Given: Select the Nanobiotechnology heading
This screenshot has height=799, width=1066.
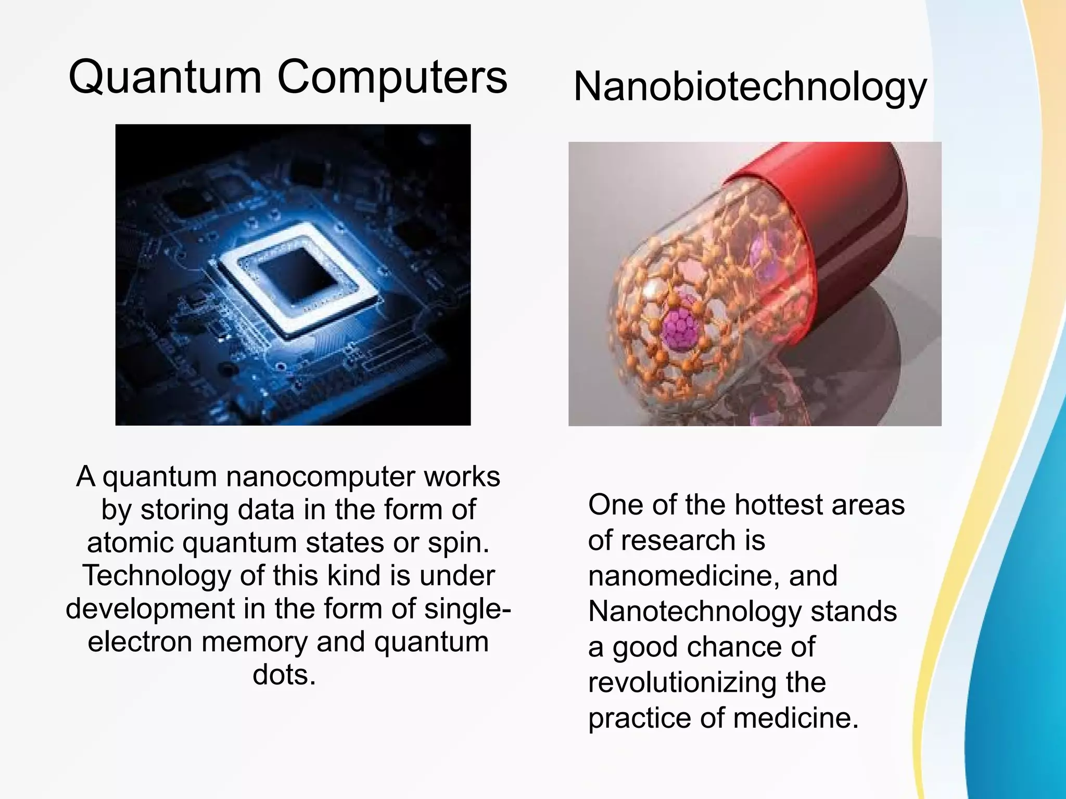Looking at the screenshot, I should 750,87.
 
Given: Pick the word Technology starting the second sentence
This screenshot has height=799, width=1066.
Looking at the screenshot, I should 155,575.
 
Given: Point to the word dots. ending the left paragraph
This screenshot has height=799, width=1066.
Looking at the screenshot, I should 284,675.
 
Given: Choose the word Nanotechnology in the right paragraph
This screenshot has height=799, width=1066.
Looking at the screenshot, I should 694,611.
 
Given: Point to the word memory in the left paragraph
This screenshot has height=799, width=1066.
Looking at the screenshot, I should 255,642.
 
